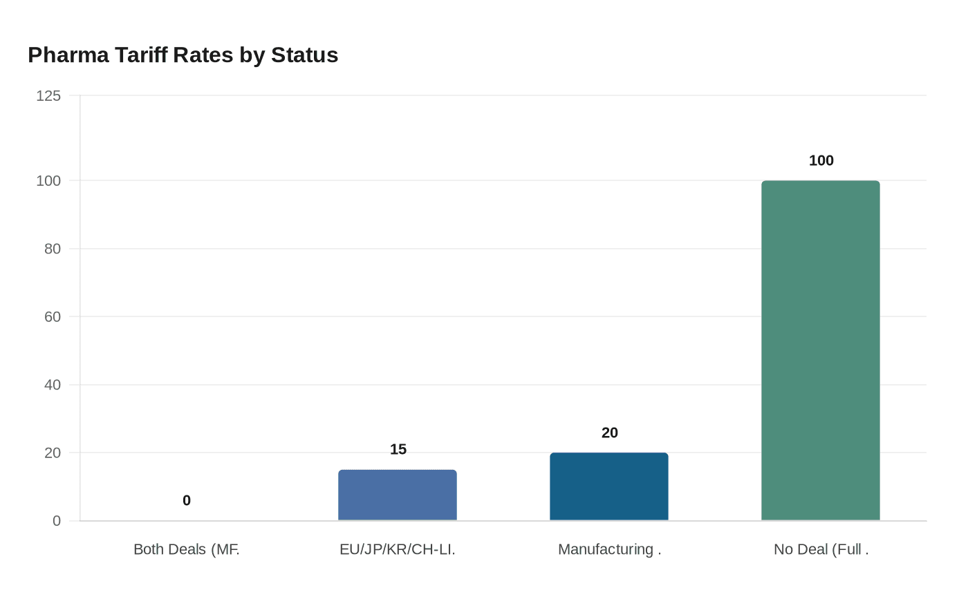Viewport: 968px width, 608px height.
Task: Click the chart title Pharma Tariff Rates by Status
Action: coord(183,55)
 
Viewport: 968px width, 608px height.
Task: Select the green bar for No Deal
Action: coord(820,350)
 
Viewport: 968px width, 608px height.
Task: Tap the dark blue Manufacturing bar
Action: coord(608,486)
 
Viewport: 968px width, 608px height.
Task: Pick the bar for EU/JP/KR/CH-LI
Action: coord(397,495)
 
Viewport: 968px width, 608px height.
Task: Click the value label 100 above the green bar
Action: coord(821,160)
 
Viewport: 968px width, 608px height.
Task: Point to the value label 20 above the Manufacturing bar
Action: coord(609,433)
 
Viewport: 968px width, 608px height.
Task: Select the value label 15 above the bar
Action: coord(398,449)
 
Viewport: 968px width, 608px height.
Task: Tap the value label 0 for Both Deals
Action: coord(187,500)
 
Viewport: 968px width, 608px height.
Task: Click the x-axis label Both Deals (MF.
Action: coord(186,549)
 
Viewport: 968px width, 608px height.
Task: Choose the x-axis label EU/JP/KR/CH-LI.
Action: coord(397,549)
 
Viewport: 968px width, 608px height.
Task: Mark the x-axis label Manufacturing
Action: coord(609,549)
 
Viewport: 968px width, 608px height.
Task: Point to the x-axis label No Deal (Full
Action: coord(821,549)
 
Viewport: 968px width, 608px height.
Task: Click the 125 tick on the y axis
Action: coord(48,96)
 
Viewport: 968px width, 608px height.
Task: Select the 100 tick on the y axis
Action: coord(48,181)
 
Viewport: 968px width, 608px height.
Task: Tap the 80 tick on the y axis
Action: coord(53,249)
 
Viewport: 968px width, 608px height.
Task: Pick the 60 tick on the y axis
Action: coord(53,317)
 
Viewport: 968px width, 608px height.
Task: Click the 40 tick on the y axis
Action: coord(53,385)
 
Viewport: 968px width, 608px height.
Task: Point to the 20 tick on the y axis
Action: coord(53,453)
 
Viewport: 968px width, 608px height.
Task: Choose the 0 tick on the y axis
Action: coord(57,521)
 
